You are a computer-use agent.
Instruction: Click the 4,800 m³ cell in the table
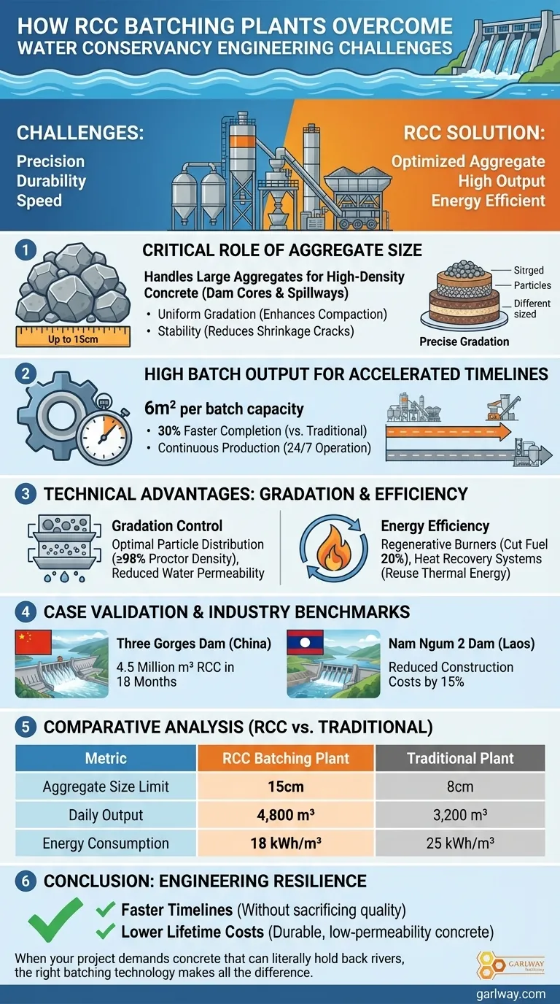point(286,815)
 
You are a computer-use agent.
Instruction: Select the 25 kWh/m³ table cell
point(460,843)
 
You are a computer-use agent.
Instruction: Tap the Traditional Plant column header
point(460,758)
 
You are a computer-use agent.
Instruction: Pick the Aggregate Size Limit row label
point(106,787)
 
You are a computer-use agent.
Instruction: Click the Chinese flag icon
point(34,643)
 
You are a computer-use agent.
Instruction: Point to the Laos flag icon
point(306,643)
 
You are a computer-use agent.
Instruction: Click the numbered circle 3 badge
point(26,494)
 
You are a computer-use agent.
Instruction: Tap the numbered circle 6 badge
point(26,881)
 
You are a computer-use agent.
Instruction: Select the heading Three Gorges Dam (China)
point(194,644)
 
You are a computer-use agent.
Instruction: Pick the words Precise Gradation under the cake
point(464,341)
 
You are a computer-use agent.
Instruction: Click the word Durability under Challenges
point(51,181)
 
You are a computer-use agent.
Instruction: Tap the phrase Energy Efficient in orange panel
point(488,200)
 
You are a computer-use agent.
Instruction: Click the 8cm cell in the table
point(460,787)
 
